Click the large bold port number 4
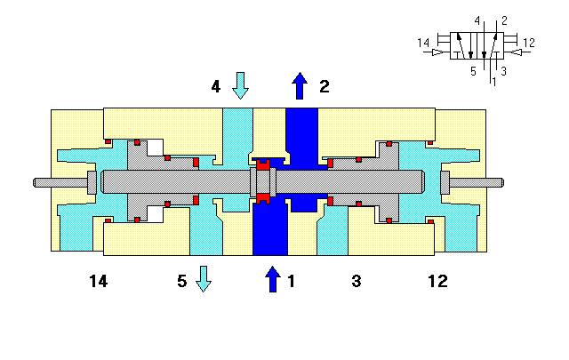point(216,86)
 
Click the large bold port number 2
point(325,86)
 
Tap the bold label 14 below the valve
point(98,281)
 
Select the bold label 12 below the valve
point(437,281)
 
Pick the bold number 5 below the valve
point(181,281)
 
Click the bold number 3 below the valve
point(356,281)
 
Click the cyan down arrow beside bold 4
point(240,86)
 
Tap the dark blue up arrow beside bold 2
point(300,85)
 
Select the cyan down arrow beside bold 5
point(204,279)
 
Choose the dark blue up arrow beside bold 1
point(273,279)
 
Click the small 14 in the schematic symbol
point(422,42)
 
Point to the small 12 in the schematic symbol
point(528,42)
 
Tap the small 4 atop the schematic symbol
point(477,20)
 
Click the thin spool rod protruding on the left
point(58,183)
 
